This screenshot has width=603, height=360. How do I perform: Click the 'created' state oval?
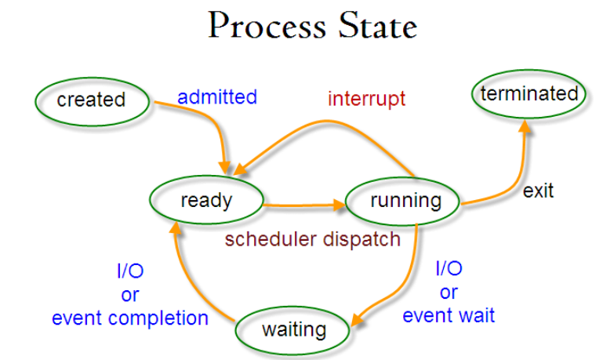point(92,100)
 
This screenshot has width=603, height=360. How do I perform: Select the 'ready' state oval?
point(206,200)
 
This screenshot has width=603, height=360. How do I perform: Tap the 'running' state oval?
point(405,200)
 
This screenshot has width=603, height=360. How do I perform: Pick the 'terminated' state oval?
point(529,94)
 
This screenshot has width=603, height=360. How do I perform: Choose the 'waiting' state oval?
point(294,329)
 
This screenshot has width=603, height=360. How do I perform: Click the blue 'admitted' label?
point(217,97)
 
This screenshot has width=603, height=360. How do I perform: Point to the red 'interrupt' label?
point(366,99)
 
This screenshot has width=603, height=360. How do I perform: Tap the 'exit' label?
point(538,191)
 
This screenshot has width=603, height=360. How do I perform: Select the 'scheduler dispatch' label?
point(313,239)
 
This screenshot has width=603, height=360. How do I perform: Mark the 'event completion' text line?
point(130,318)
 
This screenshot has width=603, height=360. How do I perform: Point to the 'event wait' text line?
point(449,315)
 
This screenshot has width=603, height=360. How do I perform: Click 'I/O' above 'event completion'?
point(130,271)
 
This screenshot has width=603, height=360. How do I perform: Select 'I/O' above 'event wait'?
point(449,269)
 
